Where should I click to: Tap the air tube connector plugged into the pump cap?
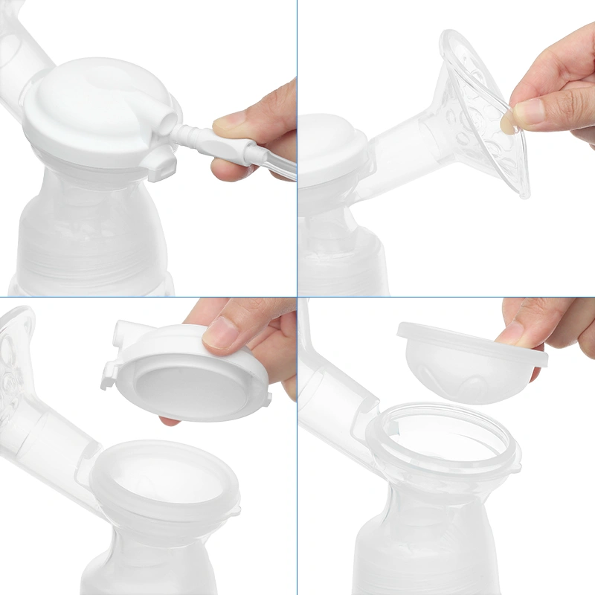(x=195, y=135)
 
